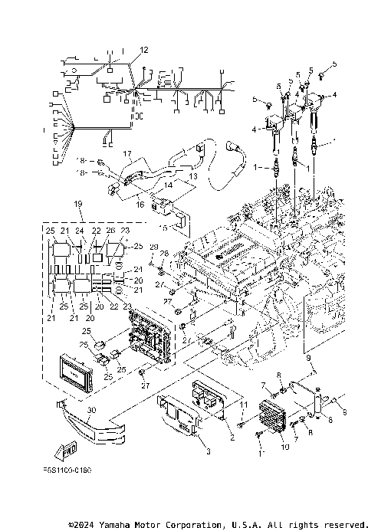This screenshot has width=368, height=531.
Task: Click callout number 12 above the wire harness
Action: [143, 50]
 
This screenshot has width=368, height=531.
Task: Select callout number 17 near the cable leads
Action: [127, 153]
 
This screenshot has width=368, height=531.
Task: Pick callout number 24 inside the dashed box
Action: [79, 231]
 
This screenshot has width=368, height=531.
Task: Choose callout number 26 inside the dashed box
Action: [111, 231]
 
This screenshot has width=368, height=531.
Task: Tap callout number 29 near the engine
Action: [153, 247]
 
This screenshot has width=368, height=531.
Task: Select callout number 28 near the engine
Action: [163, 253]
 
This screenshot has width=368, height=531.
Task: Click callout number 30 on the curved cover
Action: [91, 411]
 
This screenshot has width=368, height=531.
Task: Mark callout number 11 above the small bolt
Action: [244, 404]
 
